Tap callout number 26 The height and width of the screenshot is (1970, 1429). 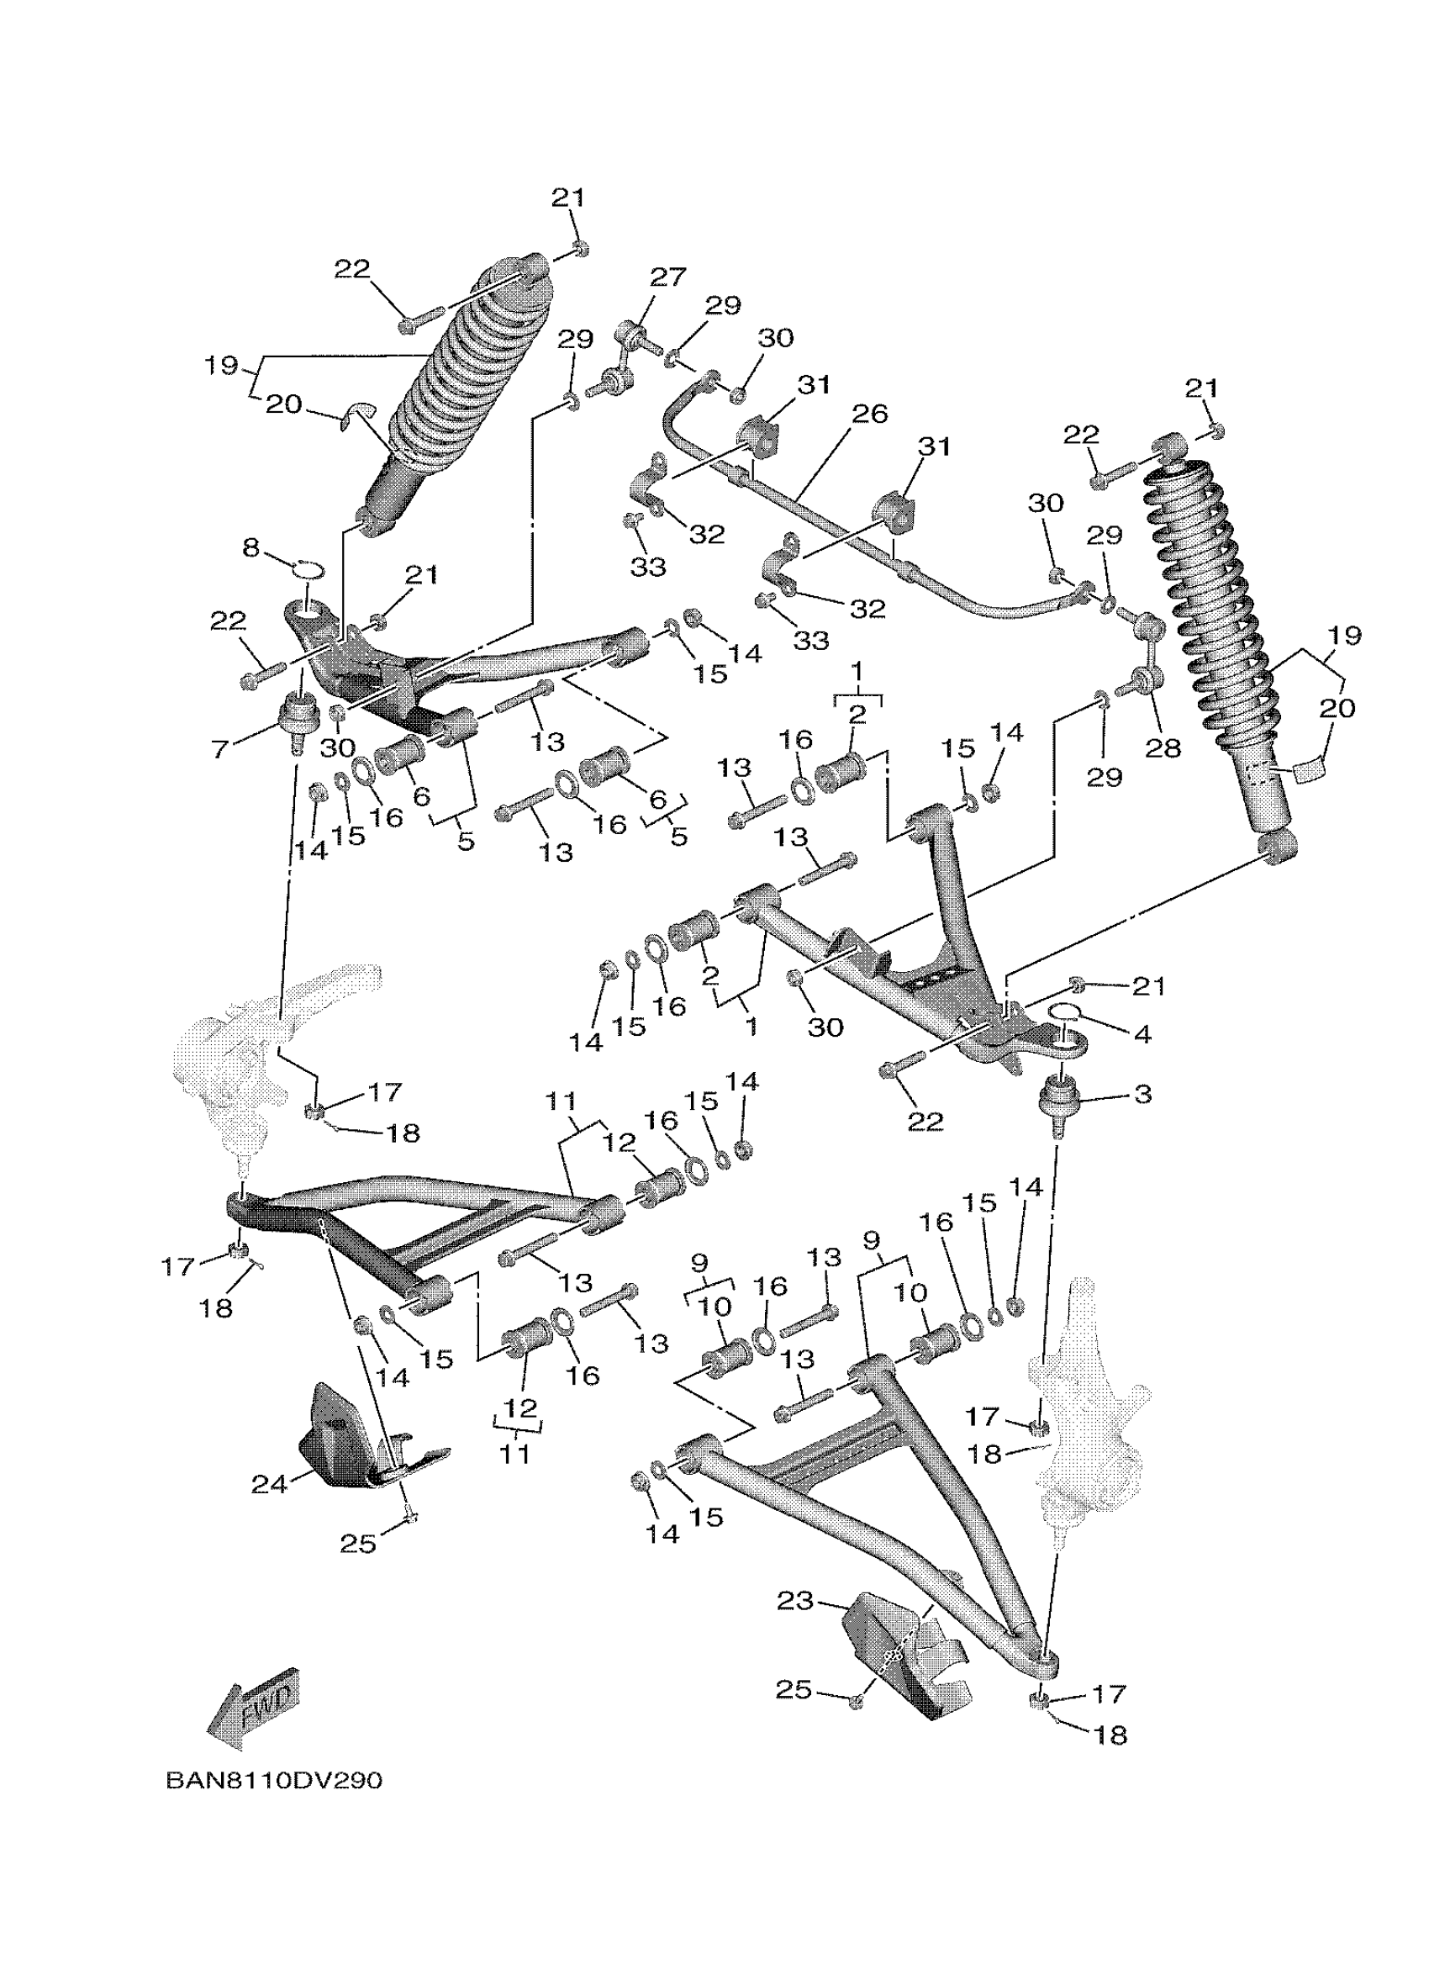[870, 414]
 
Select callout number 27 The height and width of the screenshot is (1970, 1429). [667, 277]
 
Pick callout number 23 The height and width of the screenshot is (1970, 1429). [794, 1601]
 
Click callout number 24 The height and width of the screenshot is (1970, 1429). [268, 1485]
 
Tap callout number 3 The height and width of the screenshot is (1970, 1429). [1142, 1094]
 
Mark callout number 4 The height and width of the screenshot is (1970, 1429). [1142, 1034]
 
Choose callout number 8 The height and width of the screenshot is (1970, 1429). [250, 548]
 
